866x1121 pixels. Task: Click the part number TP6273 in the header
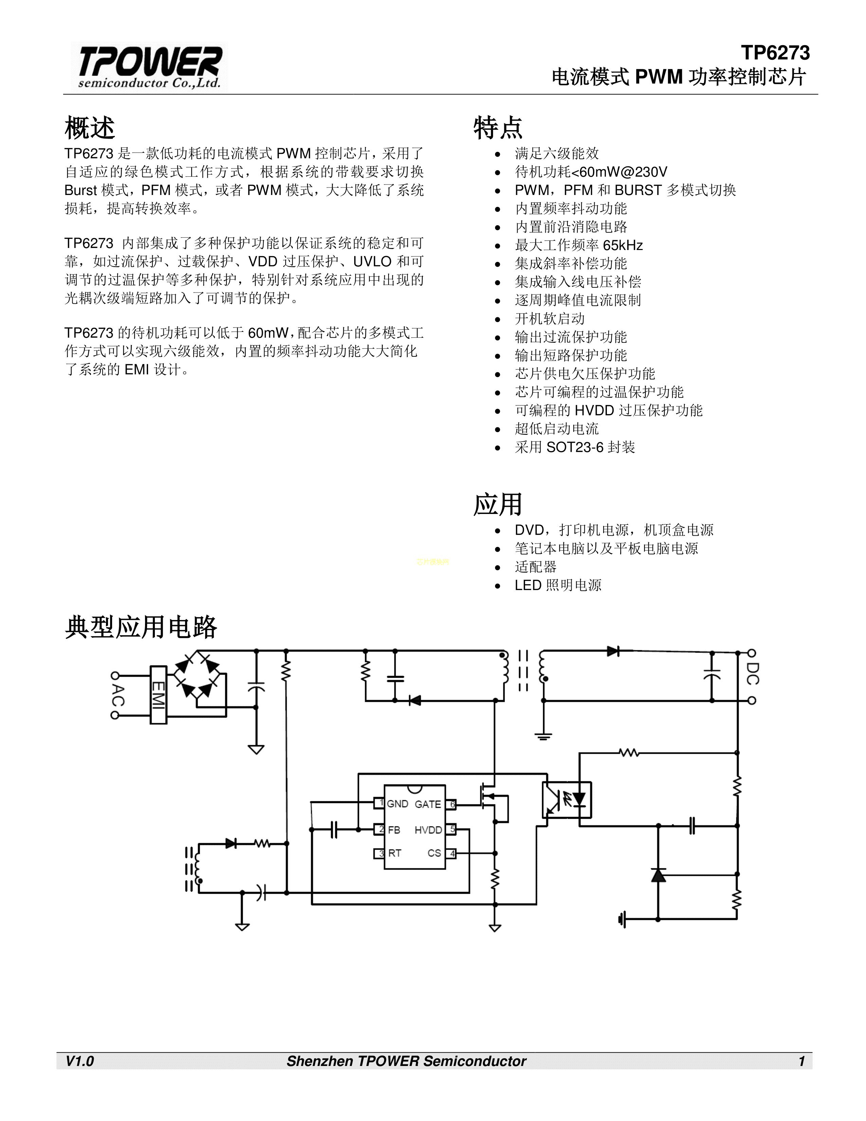click(775, 53)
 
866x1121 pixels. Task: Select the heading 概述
click(90, 128)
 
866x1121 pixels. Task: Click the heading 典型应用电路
click(141, 627)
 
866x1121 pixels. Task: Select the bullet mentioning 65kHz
click(579, 245)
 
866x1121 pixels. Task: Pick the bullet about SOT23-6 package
click(575, 447)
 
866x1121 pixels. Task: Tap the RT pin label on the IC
click(395, 853)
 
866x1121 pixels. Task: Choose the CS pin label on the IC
click(435, 853)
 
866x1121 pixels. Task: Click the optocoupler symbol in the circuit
click(566, 800)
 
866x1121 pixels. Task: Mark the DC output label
click(753, 673)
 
